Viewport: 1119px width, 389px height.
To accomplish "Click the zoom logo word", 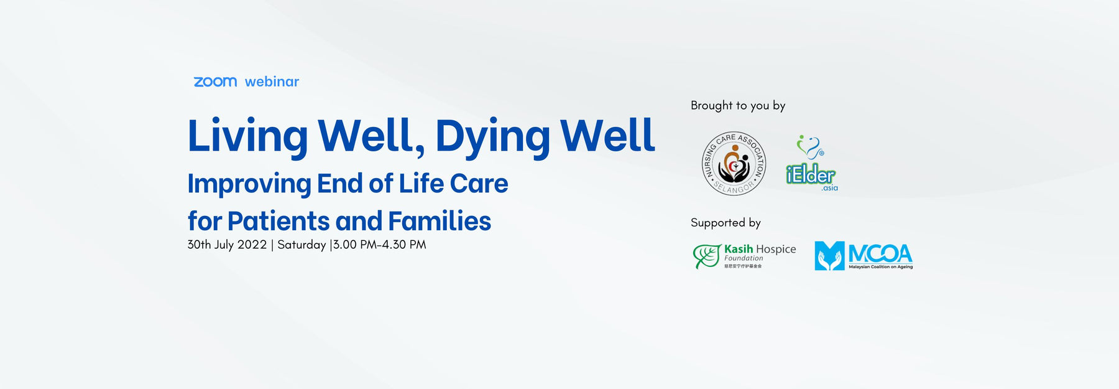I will [215, 82].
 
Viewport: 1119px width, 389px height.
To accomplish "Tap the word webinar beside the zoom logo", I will [272, 82].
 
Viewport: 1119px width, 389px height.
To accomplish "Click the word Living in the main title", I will [247, 136].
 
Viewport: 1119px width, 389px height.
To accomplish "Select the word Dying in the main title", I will [492, 136].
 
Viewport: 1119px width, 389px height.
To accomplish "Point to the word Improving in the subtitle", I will [249, 184].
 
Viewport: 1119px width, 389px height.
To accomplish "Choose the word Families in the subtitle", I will [439, 222].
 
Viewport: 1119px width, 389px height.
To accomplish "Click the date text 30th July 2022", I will [227, 245].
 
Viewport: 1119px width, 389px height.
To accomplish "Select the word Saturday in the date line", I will [302, 245].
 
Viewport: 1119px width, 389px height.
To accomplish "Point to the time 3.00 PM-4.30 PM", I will [379, 245].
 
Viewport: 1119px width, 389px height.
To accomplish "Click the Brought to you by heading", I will [738, 106].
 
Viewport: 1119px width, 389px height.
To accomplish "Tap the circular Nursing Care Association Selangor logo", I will [734, 164].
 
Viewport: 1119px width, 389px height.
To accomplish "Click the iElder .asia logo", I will [811, 166].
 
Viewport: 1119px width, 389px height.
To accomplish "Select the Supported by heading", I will [725, 223].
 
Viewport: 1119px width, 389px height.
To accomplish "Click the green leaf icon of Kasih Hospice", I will [707, 256].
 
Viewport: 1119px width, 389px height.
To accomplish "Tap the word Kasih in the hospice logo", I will [739, 249].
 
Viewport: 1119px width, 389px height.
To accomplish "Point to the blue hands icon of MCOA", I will [829, 256].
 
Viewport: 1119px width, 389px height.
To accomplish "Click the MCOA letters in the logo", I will [880, 253].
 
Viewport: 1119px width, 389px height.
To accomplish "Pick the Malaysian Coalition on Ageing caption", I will [880, 267].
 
